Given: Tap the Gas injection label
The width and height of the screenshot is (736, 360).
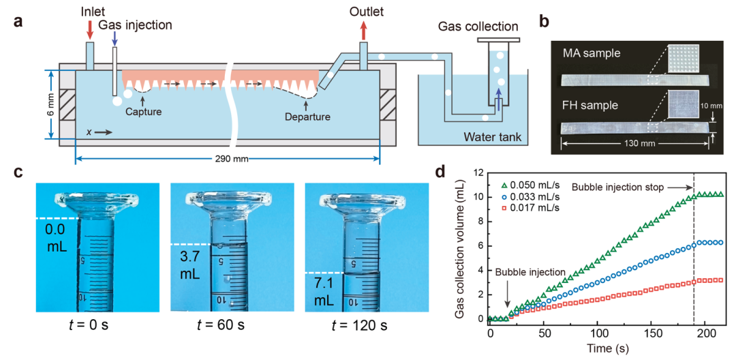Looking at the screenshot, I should click(134, 25).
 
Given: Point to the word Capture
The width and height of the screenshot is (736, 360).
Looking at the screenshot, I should click(144, 111).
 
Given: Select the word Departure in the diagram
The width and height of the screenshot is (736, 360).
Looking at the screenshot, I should click(307, 117).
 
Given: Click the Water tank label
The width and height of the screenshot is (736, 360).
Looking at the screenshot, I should click(493, 137).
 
